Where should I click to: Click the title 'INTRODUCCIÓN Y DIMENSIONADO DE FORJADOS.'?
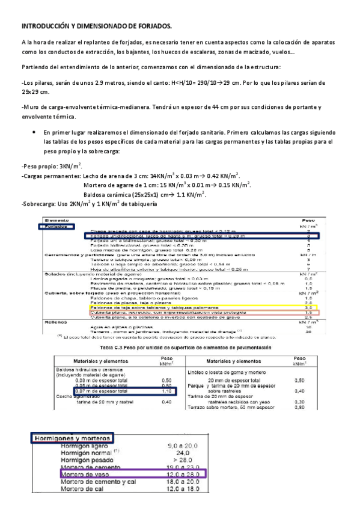96,26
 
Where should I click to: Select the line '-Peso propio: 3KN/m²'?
50,165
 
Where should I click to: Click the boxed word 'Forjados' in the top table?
56,227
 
